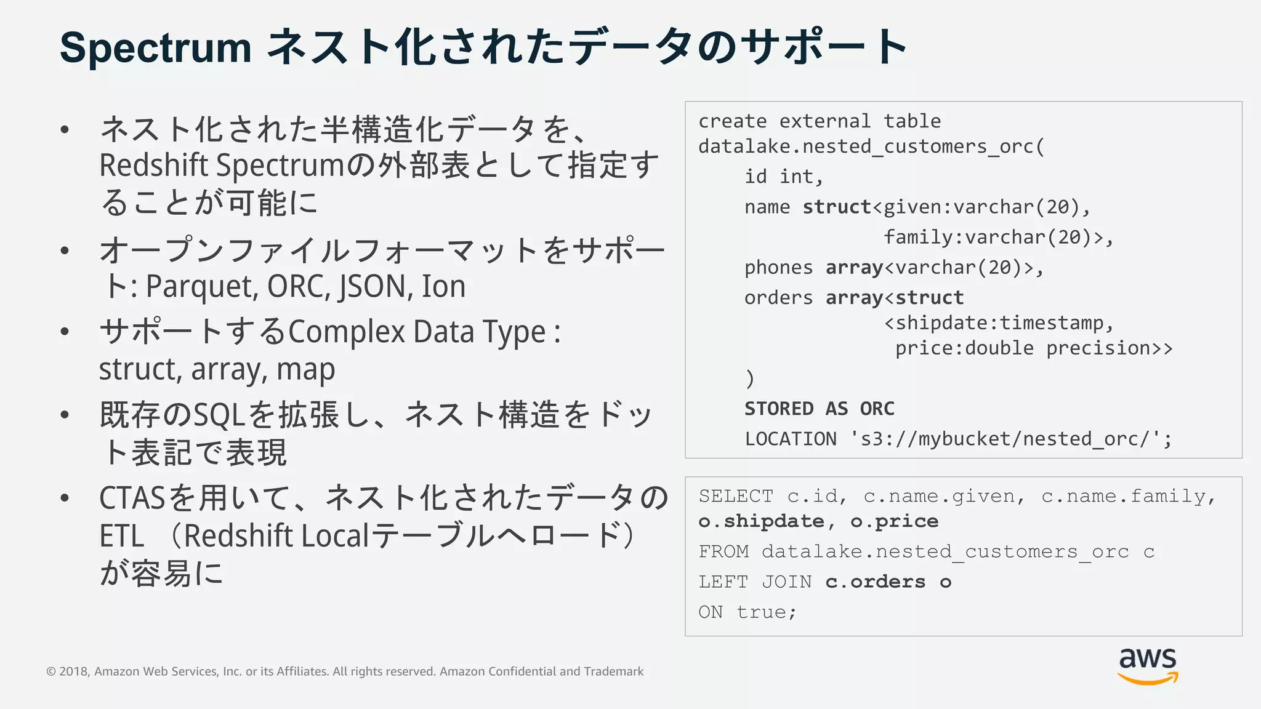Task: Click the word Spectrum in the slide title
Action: [x=156, y=47]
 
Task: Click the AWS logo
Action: [x=1148, y=666]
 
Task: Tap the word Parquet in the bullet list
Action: [x=202, y=286]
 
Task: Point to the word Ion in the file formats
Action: [x=443, y=286]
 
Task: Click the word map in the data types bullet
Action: [x=305, y=369]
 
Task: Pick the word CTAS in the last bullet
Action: [x=132, y=498]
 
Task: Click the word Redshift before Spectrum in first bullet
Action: [x=154, y=166]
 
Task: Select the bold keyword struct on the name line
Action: [x=837, y=207]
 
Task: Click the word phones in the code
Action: [x=778, y=267]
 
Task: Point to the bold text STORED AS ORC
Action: [x=819, y=409]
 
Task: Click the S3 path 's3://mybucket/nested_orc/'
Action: [x=1010, y=439]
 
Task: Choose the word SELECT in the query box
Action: [x=736, y=496]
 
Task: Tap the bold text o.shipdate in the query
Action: [x=761, y=521]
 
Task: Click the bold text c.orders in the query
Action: [x=875, y=582]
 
